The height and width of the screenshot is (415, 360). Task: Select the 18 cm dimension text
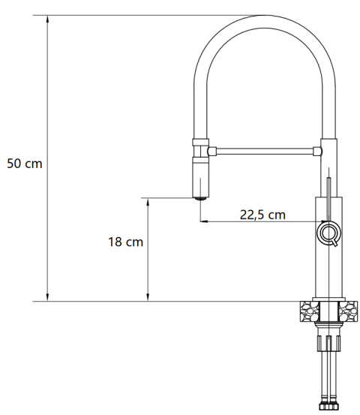pos(125,242)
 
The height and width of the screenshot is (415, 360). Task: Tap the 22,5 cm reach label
pos(262,215)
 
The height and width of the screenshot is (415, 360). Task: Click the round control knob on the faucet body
pos(328,233)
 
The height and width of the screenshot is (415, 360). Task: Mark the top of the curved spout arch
pos(261,18)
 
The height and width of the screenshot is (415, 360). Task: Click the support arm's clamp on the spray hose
pos(200,148)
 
